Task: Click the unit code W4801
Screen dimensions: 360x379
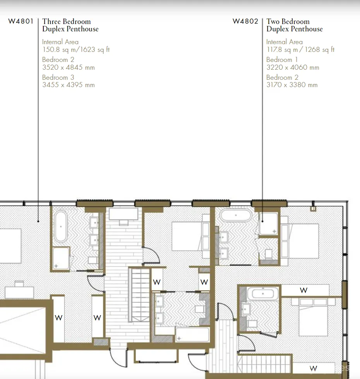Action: click(21, 21)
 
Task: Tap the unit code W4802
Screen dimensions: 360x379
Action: click(245, 21)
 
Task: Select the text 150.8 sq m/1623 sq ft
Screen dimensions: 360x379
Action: click(76, 50)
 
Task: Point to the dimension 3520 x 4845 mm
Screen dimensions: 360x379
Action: click(69, 67)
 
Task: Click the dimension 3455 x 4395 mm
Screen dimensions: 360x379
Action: click(69, 85)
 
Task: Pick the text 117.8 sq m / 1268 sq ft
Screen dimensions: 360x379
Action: click(300, 50)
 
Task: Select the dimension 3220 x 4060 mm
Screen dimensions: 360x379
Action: click(293, 67)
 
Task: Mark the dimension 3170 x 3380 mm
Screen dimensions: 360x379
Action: click(292, 85)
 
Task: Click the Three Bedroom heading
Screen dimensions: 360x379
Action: click(67, 22)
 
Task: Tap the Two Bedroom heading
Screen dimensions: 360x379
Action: click(288, 22)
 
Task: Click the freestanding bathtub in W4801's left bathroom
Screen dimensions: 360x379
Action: click(61, 226)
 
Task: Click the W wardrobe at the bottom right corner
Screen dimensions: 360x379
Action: click(314, 369)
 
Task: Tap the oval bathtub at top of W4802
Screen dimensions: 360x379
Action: click(236, 215)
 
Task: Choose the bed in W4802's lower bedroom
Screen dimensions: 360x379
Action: click(314, 317)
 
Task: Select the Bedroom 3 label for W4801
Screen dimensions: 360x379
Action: click(58, 77)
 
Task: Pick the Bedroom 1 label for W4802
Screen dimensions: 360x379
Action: click(282, 60)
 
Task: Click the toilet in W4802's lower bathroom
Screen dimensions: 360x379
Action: click(253, 324)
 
